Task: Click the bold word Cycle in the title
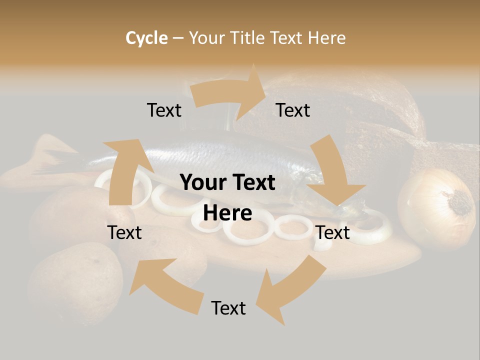146,38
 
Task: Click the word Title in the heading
249,38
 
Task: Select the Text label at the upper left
164,110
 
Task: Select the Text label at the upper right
293,110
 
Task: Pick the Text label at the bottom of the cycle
228,308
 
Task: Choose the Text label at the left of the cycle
124,232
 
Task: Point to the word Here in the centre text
227,213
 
